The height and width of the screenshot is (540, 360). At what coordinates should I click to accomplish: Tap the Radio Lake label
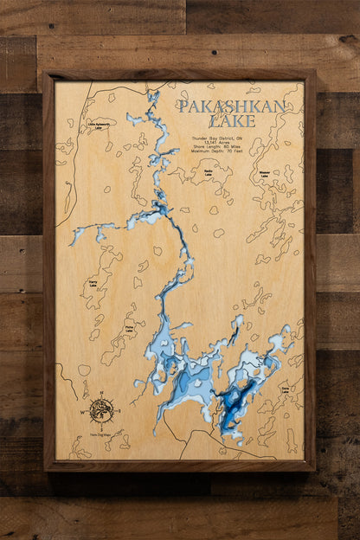pos(209,172)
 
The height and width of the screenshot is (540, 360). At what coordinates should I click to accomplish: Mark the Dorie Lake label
pos(285,390)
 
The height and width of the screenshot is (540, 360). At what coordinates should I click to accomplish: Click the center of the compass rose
pos(101,410)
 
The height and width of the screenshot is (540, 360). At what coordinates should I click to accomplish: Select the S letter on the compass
pos(101,424)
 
